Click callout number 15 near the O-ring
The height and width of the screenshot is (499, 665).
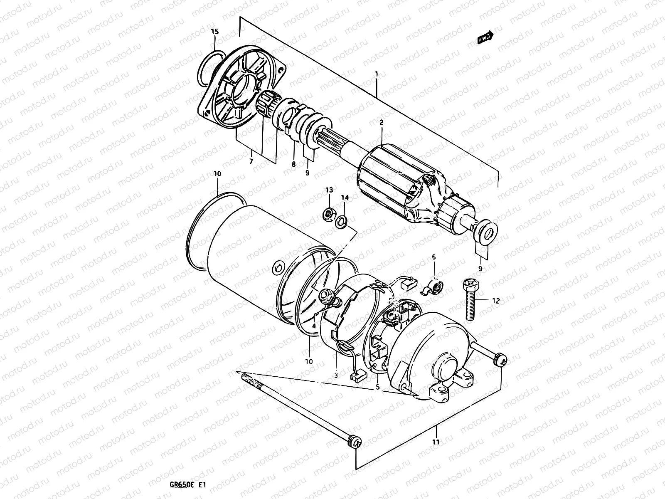[x=214, y=32]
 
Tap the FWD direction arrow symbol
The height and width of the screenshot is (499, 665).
[x=485, y=38]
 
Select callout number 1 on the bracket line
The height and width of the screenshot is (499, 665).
[x=376, y=74]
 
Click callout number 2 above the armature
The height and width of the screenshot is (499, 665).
[x=381, y=122]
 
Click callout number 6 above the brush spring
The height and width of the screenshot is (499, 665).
[x=433, y=257]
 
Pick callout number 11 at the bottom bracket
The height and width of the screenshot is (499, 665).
[x=435, y=442]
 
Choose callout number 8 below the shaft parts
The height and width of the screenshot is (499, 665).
[x=293, y=165]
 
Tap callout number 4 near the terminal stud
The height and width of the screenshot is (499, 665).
[x=314, y=326]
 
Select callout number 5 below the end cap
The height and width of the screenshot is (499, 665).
[x=378, y=387]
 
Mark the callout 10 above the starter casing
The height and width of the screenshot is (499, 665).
[x=217, y=173]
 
